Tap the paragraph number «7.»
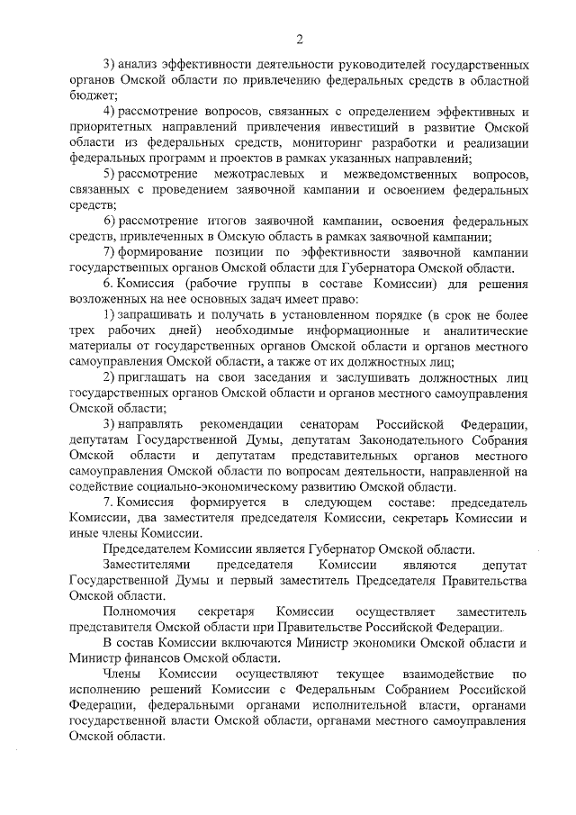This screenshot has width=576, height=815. tap(109, 502)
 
